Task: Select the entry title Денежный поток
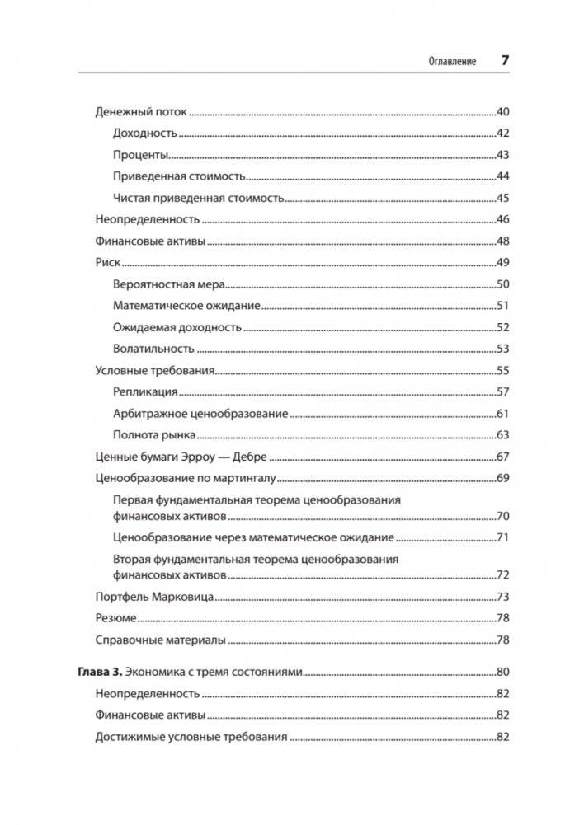(x=141, y=111)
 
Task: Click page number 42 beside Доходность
(x=502, y=134)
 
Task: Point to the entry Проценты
(x=140, y=155)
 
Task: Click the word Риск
(x=108, y=262)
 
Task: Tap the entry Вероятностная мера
(x=169, y=284)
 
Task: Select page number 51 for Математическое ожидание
(x=502, y=306)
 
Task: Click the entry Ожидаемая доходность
(x=177, y=327)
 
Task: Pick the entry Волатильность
(x=153, y=349)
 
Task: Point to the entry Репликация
(x=145, y=392)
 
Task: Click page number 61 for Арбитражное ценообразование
(x=502, y=414)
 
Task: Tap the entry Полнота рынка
(x=153, y=435)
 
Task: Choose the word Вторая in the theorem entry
(x=132, y=560)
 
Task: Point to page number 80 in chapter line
(x=502, y=671)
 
